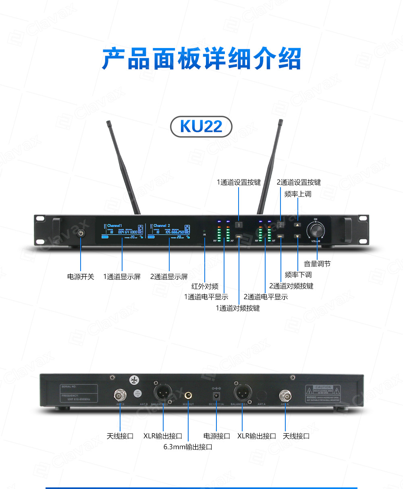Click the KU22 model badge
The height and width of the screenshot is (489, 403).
pyautogui.click(x=201, y=127)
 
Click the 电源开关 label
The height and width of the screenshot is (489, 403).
pyautogui.click(x=81, y=277)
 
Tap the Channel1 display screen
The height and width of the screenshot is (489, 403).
pyautogui.click(x=122, y=232)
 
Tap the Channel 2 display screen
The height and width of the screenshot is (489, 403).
pyautogui.click(x=169, y=232)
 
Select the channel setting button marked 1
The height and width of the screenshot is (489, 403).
pyautogui.click(x=239, y=226)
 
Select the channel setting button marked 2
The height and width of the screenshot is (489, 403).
pyautogui.click(x=281, y=225)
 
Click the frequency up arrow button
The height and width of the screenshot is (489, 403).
pyautogui.click(x=297, y=226)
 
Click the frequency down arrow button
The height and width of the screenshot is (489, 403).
pyautogui.click(x=297, y=236)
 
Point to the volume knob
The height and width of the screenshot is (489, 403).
pyautogui.click(x=316, y=231)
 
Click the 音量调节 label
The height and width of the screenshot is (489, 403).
pyautogui.click(x=317, y=264)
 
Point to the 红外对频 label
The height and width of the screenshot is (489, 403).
pyautogui.click(x=205, y=286)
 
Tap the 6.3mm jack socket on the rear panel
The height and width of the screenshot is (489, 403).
pyautogui.click(x=188, y=394)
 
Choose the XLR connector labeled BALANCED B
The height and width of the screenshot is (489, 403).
pyautogui.click(x=163, y=391)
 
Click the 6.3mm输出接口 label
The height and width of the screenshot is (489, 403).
pyautogui.click(x=188, y=447)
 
